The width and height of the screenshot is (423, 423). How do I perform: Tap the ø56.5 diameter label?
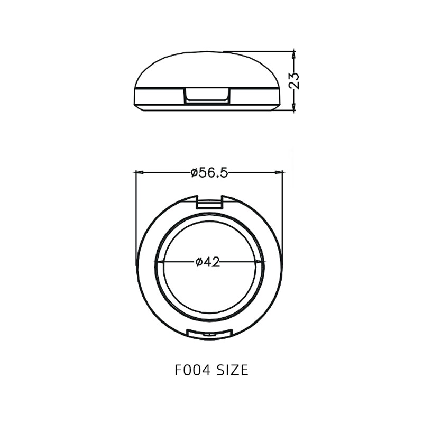click(x=209, y=172)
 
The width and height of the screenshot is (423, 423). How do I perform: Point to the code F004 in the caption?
click(x=192, y=370)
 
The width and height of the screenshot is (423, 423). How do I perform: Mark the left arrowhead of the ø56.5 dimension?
click(x=139, y=172)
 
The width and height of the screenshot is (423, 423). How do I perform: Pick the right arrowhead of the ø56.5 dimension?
click(x=280, y=172)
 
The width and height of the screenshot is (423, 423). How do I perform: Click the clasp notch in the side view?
click(x=208, y=96)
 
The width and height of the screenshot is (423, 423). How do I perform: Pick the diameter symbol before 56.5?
click(x=194, y=173)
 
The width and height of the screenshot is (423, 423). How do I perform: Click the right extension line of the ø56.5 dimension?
click(x=283, y=212)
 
